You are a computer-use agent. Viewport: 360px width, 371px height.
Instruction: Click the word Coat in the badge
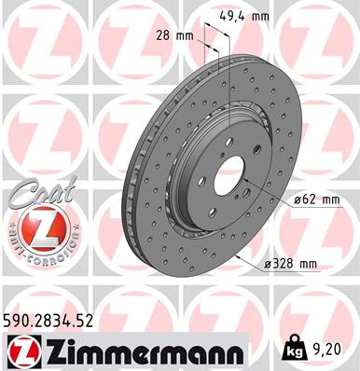(37, 192)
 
